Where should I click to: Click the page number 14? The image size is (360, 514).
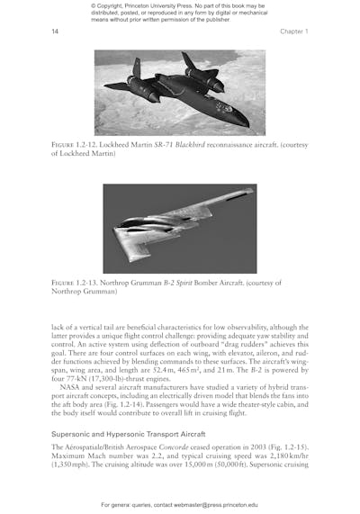pos(55,32)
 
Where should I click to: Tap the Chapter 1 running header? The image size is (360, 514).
pos(294,32)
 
